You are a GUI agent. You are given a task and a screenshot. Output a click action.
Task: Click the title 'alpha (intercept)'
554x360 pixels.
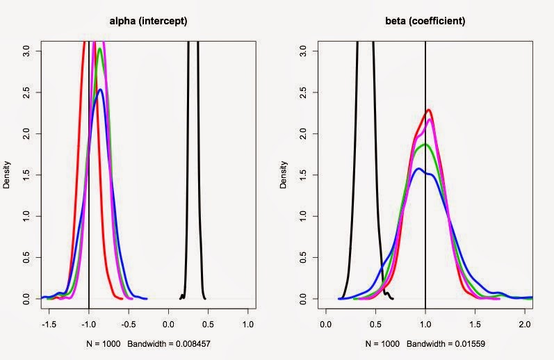pos(148,22)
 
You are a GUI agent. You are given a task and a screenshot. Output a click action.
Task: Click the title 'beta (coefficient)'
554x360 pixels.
pos(425,22)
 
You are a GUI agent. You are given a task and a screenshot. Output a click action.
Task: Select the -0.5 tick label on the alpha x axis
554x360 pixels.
pos(129,324)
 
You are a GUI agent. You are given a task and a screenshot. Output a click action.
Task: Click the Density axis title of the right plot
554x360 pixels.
pos(286,174)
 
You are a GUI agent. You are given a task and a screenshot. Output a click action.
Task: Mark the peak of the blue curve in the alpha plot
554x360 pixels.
pos(101,90)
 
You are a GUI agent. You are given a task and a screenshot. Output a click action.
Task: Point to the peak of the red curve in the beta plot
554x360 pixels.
pos(429,110)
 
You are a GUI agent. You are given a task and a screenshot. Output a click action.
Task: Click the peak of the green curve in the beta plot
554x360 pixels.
pos(425,144)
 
